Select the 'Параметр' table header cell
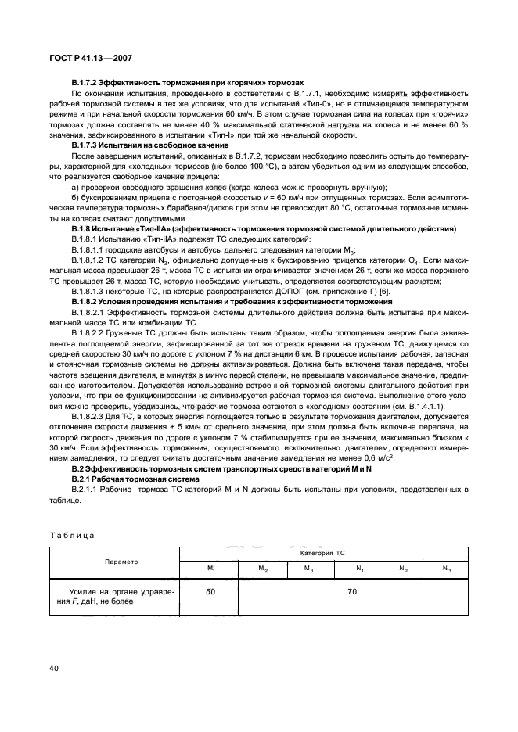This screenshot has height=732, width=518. [115, 561]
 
